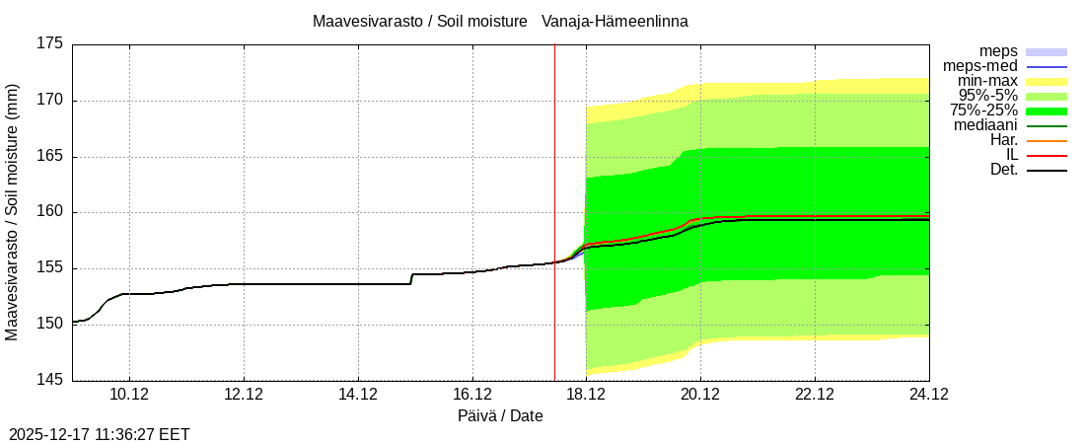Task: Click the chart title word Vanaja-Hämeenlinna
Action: click(x=615, y=21)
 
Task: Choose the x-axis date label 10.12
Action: click(x=129, y=395)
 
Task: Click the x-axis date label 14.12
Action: click(x=358, y=395)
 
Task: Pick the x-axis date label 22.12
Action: click(x=815, y=395)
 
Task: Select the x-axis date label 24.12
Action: click(x=928, y=395)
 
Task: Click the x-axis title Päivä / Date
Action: click(x=500, y=416)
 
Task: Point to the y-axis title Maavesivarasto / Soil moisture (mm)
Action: click(x=12, y=212)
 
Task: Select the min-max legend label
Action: click(x=987, y=81)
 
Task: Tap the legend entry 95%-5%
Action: click(x=988, y=96)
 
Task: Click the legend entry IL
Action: click(x=1011, y=155)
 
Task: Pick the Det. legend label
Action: click(x=1004, y=170)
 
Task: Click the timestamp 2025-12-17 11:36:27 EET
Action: click(x=100, y=434)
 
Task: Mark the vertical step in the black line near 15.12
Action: click(x=411, y=279)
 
